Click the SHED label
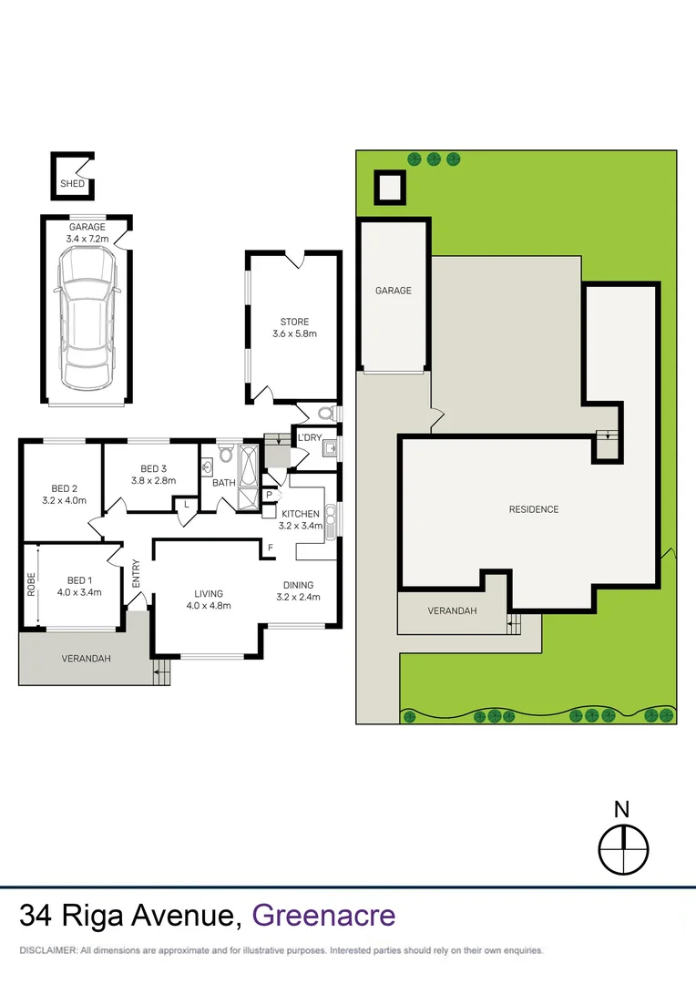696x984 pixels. [72, 184]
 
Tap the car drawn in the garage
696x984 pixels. [87, 315]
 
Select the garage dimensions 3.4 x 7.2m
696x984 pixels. [87, 239]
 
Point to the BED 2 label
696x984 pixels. [61, 487]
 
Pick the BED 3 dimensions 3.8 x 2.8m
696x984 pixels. [153, 480]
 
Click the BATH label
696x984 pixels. [224, 483]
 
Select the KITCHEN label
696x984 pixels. [301, 513]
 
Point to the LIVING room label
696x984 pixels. [208, 593]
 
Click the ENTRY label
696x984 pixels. [136, 573]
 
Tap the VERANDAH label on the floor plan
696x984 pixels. [86, 659]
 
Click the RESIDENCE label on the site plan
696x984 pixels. [533, 509]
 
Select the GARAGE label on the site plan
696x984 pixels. [394, 291]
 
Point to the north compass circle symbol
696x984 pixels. [623, 849]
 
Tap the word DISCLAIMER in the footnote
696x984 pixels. [46, 950]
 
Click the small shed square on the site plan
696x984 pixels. [390, 189]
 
